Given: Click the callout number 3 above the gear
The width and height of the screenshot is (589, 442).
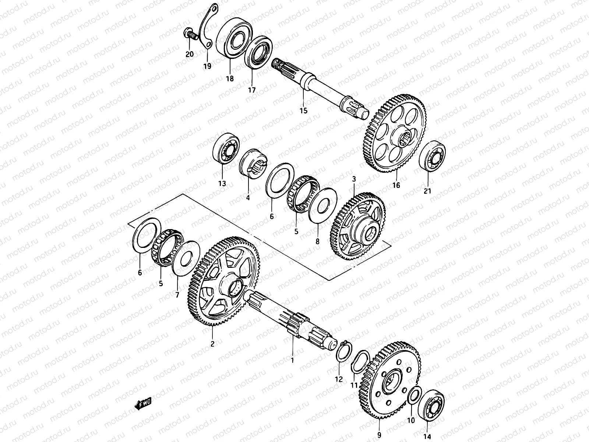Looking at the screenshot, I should [354, 179].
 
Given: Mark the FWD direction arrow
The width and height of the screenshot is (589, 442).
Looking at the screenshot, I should [144, 405].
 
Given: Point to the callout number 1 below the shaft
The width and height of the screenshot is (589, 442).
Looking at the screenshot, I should [292, 360].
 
